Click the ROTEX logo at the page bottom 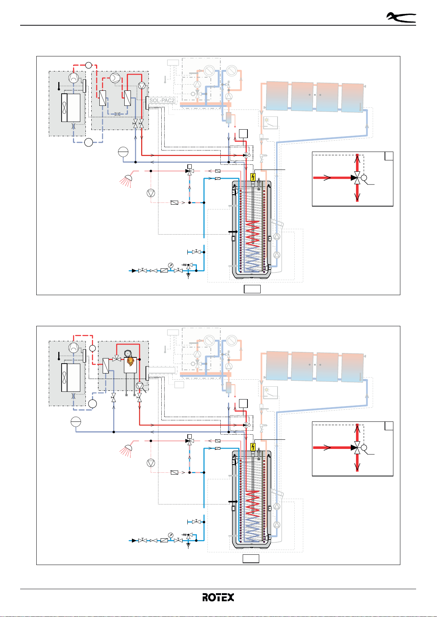coord(218,597)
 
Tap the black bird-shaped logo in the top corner coord(401,17)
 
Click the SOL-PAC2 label coord(162,100)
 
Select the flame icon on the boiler coord(130,361)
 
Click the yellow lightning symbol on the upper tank coord(253,178)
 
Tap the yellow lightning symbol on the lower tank coord(253,447)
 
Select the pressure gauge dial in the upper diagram coord(170,265)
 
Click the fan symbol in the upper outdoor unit coord(65,108)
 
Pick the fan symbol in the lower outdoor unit coord(65,378)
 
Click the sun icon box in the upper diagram coord(271,123)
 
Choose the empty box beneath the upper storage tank coord(252,289)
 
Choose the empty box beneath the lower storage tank coord(251,559)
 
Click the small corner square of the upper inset coord(389,156)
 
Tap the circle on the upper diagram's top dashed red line coord(88,65)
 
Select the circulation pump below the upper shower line coord(151,193)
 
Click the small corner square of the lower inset coord(389,426)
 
